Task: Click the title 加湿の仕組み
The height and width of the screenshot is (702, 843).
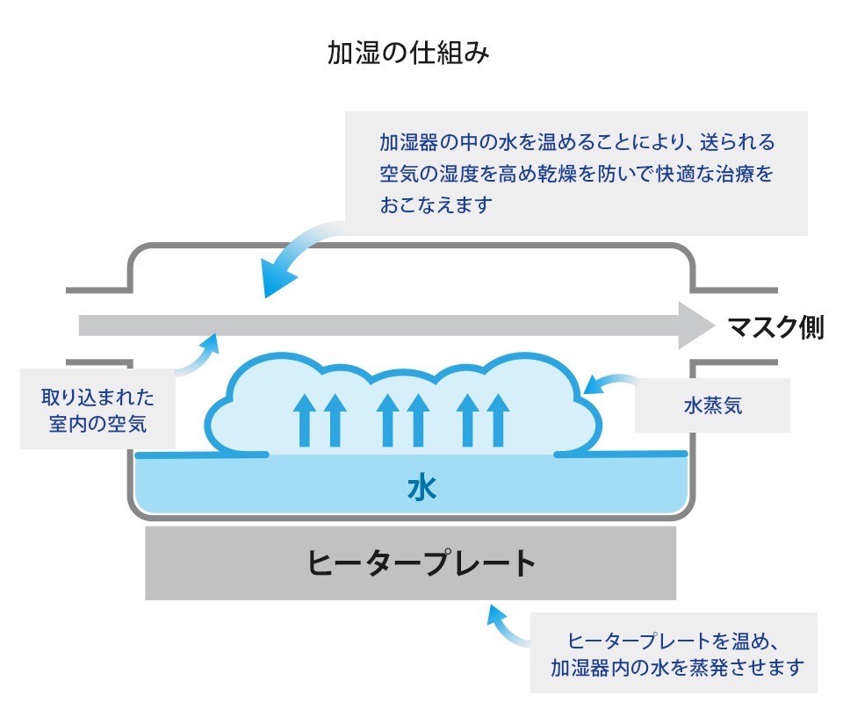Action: point(407,54)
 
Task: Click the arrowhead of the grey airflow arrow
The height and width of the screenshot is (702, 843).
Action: point(697,326)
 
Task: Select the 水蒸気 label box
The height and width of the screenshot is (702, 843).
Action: point(712,406)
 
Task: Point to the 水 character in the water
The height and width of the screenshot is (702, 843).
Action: point(421,488)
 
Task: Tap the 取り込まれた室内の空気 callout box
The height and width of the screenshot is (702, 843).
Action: point(97,411)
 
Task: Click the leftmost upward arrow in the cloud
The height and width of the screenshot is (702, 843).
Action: point(305,419)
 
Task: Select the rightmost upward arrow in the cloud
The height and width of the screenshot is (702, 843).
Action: point(498,419)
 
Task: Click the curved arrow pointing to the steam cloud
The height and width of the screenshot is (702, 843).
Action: point(609,383)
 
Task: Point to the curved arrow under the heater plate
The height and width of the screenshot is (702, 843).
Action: point(506,624)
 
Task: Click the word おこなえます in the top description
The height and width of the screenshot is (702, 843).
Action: point(436,206)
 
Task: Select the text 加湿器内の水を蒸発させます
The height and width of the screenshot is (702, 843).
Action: point(676,667)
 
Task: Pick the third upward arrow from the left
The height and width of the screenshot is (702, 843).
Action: point(388,419)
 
